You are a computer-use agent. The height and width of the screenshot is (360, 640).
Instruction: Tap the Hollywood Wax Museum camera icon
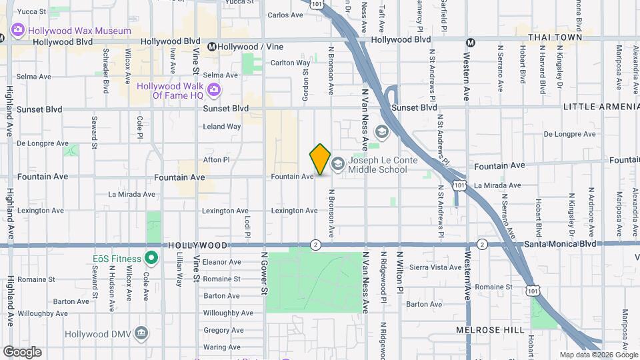coord(17,30)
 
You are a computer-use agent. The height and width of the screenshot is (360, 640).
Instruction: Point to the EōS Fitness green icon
coord(151,258)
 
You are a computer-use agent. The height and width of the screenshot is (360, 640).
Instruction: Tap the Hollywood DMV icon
coord(141,333)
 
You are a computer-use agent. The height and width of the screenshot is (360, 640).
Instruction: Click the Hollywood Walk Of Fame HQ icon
coord(213,90)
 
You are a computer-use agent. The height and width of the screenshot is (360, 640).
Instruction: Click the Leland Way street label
coord(222,127)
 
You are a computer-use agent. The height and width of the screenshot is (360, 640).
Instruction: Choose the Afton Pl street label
coord(216,160)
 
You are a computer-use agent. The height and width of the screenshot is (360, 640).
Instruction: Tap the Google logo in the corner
coord(22,352)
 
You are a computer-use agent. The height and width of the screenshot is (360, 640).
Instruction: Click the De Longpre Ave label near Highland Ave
coord(43,143)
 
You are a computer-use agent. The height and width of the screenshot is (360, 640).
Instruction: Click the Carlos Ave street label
coord(285,15)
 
